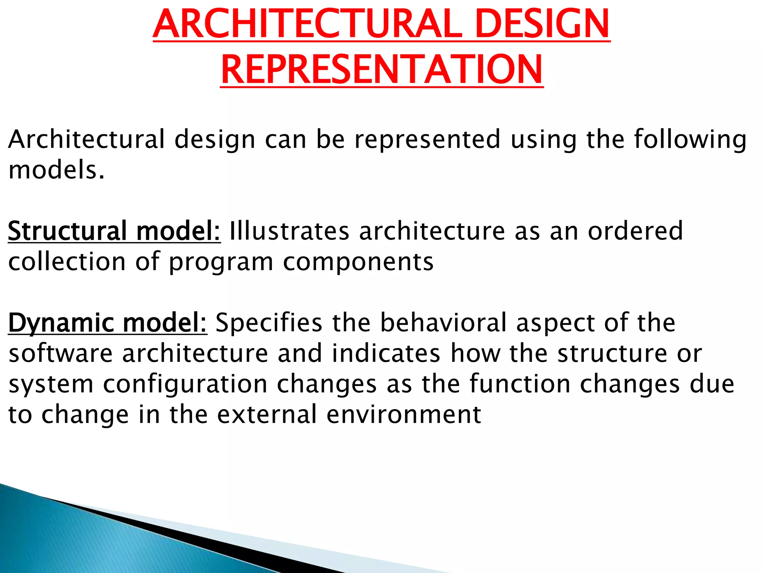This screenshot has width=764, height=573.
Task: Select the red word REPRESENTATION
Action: pyautogui.click(x=382, y=70)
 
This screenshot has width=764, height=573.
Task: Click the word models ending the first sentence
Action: pyautogui.click(x=56, y=170)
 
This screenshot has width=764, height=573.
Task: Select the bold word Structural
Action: pyautogui.click(x=67, y=231)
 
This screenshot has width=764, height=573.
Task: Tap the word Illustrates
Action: pyautogui.click(x=289, y=231)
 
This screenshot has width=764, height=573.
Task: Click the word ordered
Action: pyautogui.click(x=635, y=231)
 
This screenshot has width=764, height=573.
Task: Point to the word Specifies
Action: pyautogui.click(x=269, y=323)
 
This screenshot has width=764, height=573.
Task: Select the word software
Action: pyautogui.click(x=60, y=354)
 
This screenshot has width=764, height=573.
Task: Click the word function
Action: pyautogui.click(x=520, y=384)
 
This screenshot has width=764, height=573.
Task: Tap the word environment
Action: pyautogui.click(x=404, y=415)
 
